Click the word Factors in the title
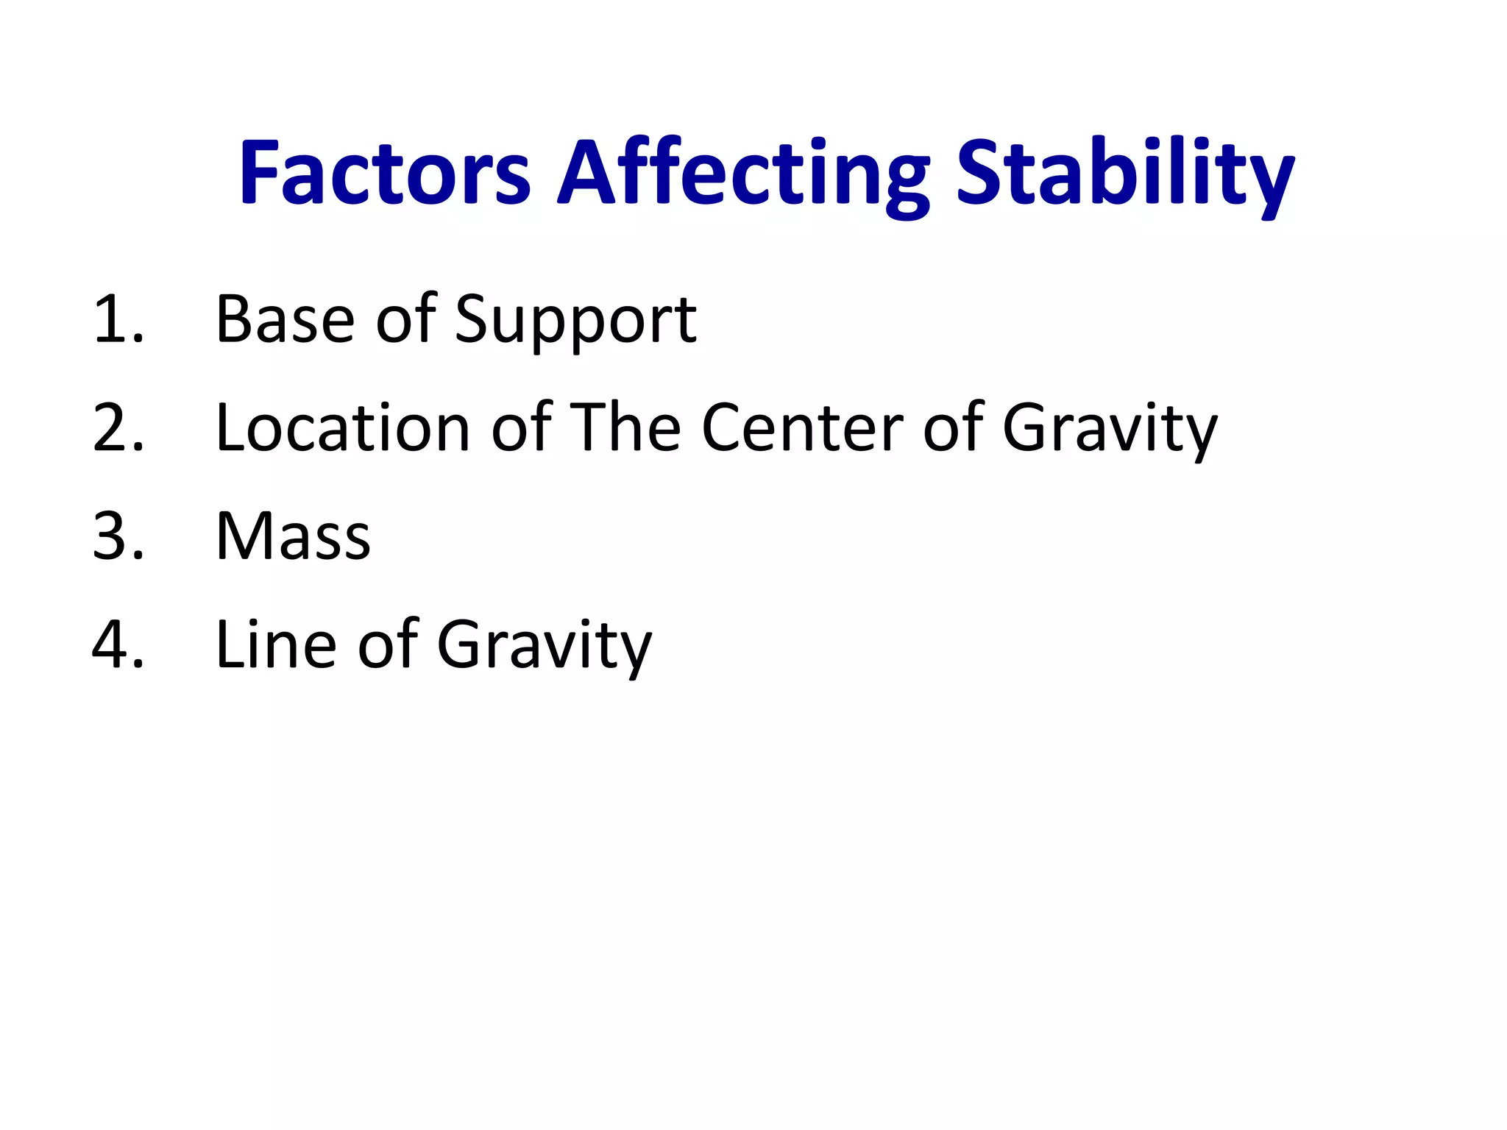point(385,174)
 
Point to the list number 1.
point(118,319)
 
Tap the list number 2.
point(118,427)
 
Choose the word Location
point(343,427)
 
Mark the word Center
point(802,427)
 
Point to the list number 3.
point(118,536)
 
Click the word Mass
point(293,536)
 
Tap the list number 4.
point(118,644)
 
